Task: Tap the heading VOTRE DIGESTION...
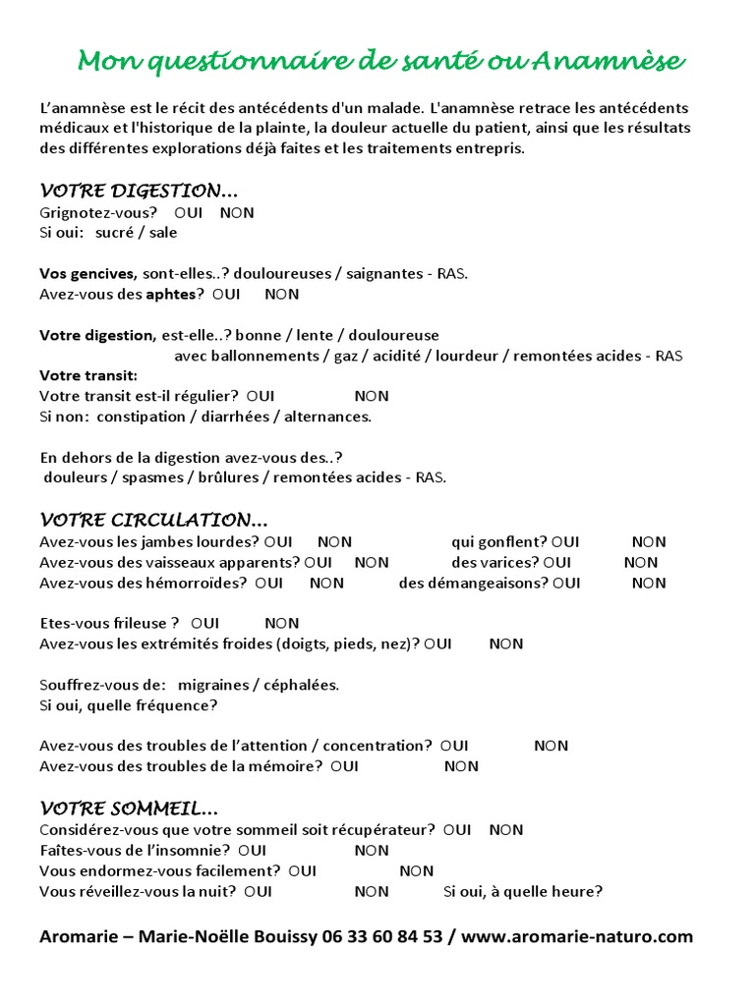pos(139,190)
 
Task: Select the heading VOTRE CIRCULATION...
pos(153,519)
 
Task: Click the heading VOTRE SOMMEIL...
pos(129,809)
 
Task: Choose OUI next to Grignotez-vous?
pos(189,212)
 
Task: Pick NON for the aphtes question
pos(282,294)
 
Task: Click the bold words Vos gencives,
pos(88,273)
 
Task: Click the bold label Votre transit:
pos(88,375)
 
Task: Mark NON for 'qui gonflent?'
pos(649,541)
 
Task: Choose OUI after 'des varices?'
pos(556,562)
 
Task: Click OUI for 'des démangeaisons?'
pos(566,583)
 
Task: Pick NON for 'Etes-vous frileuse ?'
pos(282,623)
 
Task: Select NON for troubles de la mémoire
pos(461,766)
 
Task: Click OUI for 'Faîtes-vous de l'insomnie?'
pos(252,850)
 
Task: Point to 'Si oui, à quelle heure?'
pos(523,892)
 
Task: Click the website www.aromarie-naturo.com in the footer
pos(577,936)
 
